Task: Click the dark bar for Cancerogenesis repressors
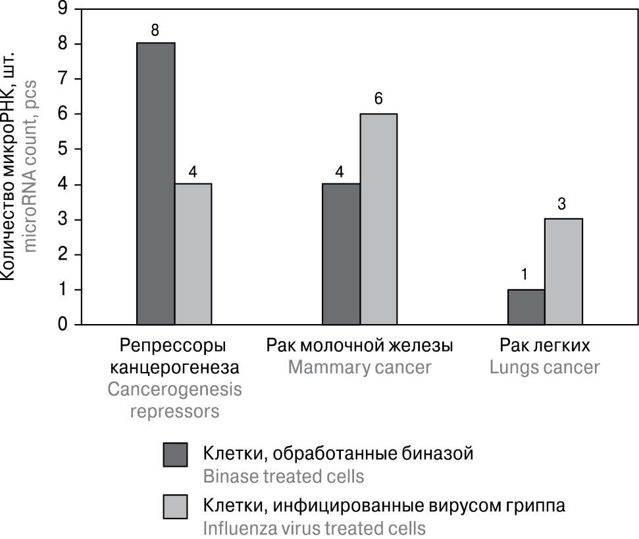pos(156,183)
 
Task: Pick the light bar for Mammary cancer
pos(378,219)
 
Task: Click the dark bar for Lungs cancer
pos(526,307)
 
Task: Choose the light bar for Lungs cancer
pos(563,271)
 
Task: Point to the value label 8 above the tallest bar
pos(156,30)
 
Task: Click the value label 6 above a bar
pos(378,100)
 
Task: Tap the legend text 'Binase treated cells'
pos(283,475)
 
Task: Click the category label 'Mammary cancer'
pos(359,367)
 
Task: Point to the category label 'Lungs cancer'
pos(545,367)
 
